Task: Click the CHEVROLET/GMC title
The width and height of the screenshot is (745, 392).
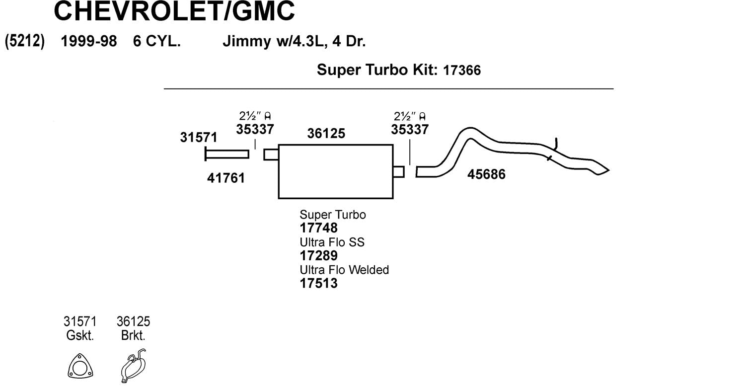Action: point(174,11)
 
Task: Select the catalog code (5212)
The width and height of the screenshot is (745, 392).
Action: point(25,41)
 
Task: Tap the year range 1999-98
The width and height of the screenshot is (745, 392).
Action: point(88,41)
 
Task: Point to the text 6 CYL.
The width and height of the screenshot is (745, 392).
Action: point(156,41)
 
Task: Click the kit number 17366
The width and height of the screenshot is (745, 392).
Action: point(461,71)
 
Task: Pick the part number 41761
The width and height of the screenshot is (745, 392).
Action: point(226,178)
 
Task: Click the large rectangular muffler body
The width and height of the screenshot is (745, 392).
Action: point(335,171)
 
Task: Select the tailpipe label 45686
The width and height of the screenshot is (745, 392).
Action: point(486,174)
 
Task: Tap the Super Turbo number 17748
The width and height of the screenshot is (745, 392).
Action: point(318,228)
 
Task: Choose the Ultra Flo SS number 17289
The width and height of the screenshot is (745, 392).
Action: point(318,256)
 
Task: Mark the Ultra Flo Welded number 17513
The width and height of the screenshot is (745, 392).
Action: point(318,284)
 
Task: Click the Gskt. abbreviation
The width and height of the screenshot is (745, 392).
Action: point(80,336)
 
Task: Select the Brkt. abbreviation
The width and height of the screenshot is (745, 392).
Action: point(133,336)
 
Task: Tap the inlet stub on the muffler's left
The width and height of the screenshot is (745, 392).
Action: point(271,155)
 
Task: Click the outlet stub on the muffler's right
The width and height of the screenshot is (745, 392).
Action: point(398,172)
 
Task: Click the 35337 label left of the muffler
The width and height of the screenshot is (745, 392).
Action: point(255,129)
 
